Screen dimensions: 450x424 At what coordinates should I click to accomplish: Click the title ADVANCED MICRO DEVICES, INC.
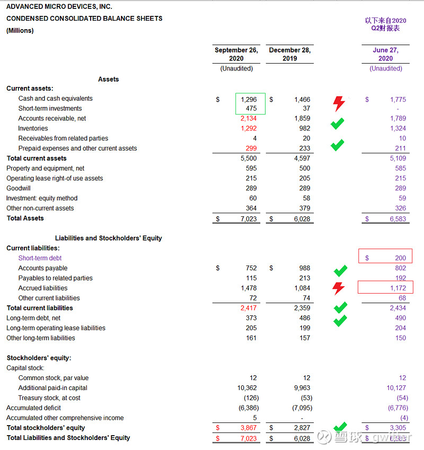[x=59, y=7]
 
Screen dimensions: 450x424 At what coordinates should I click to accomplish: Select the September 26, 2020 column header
[x=236, y=54]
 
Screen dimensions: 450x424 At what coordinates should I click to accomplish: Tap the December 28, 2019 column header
[x=289, y=54]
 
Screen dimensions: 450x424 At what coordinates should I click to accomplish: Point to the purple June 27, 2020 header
[x=385, y=54]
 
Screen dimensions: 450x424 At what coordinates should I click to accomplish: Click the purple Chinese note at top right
[x=385, y=24]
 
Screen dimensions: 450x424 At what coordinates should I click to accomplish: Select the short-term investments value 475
[x=251, y=109]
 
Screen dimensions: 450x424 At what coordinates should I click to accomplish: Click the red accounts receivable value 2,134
[x=248, y=119]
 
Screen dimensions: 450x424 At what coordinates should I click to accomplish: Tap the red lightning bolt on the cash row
[x=339, y=103]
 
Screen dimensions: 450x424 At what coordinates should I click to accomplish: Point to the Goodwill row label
[x=19, y=188]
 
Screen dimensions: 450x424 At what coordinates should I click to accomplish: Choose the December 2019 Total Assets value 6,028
[x=302, y=219]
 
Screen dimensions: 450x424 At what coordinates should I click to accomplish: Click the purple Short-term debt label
[x=40, y=258]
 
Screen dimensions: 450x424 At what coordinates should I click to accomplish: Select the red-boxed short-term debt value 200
[x=400, y=258]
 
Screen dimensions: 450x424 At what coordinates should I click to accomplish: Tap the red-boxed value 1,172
[x=398, y=288]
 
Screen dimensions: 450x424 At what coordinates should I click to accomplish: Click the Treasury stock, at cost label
[x=49, y=398]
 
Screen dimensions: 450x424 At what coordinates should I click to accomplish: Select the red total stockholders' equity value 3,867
[x=248, y=428]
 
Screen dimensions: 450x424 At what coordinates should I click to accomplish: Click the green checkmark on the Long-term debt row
[x=340, y=320]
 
